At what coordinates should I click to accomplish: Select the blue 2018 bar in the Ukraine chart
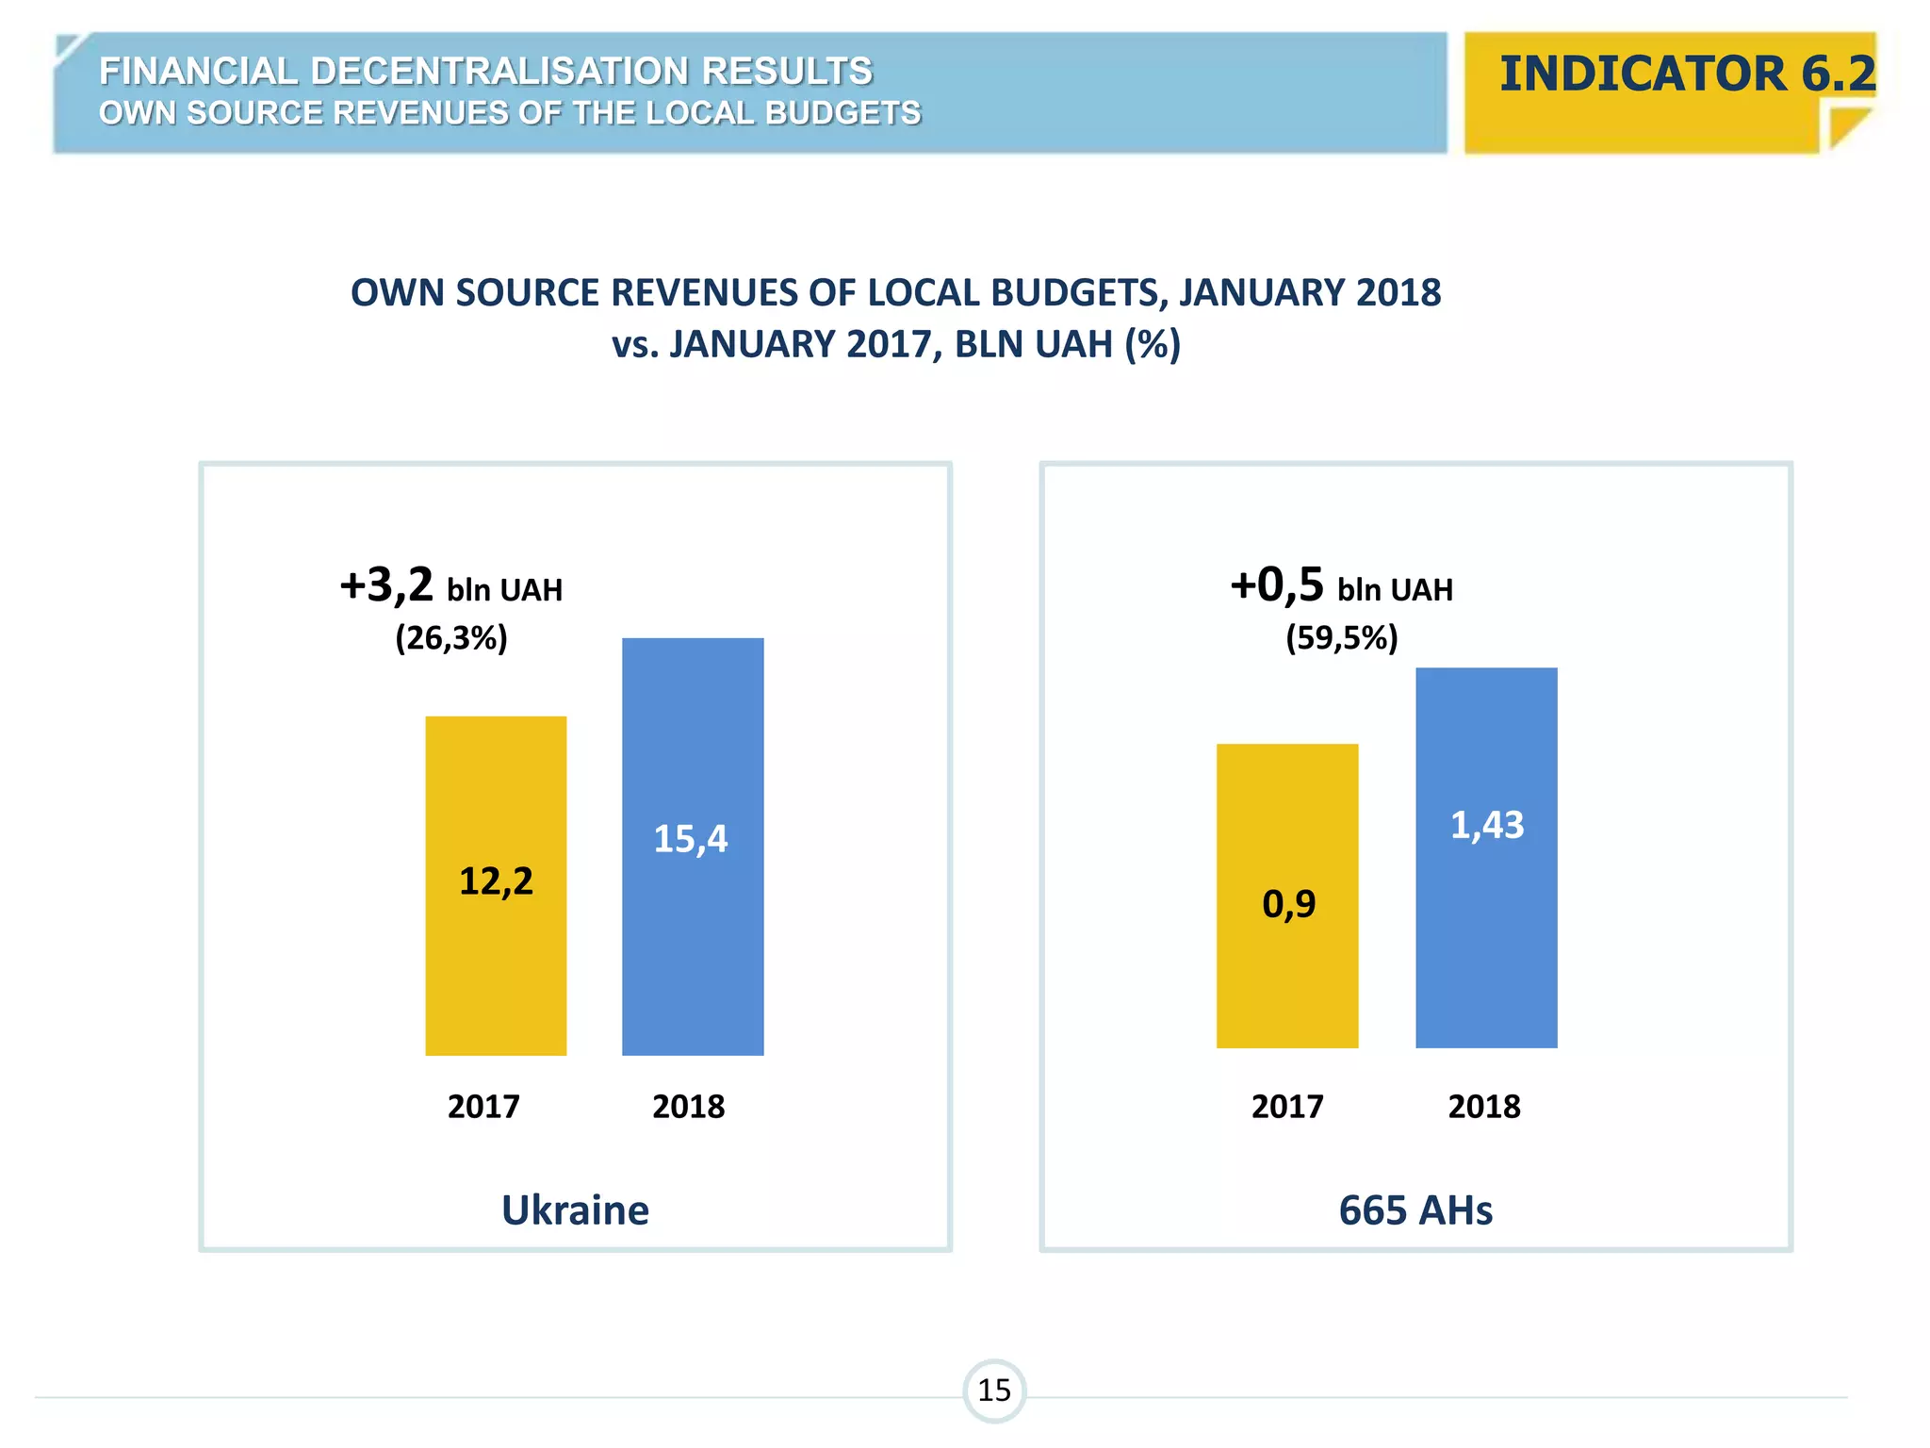click(693, 943)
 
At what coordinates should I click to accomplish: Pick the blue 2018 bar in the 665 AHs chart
click(1486, 943)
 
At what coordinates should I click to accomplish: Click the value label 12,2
click(496, 881)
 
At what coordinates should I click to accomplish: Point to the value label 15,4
click(691, 839)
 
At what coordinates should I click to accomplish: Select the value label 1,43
click(1486, 825)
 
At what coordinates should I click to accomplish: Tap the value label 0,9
click(1288, 904)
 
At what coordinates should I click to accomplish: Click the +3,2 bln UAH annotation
click(450, 586)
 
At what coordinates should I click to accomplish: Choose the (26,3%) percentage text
click(451, 638)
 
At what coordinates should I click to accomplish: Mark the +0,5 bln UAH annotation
click(1341, 586)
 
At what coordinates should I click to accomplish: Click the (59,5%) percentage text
click(1342, 638)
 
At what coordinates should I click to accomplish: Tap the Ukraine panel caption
click(575, 1209)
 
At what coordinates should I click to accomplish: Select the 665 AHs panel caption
click(1415, 1209)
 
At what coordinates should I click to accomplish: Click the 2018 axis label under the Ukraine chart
click(688, 1106)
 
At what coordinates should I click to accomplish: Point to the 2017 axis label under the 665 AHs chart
click(1287, 1106)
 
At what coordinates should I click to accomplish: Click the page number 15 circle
click(994, 1390)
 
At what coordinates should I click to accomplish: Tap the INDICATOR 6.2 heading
click(1687, 74)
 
